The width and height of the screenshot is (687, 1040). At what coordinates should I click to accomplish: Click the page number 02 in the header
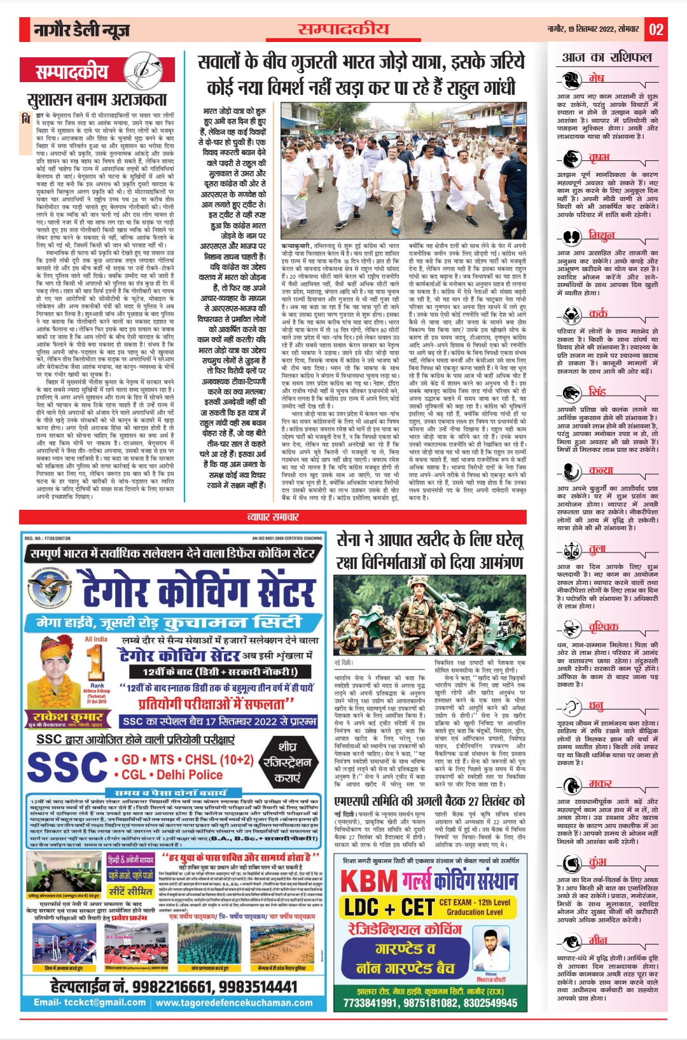coord(656,29)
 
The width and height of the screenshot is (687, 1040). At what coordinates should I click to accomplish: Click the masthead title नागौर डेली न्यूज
coord(83,29)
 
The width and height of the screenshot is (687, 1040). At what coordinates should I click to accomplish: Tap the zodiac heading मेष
coord(596,78)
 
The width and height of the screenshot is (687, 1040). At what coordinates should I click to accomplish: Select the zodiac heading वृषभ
coord(599,157)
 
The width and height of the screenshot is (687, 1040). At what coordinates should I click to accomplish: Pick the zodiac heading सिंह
coord(597,391)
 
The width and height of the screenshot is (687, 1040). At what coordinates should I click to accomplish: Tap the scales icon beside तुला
coord(572,549)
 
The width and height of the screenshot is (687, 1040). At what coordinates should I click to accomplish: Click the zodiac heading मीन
coord(598,941)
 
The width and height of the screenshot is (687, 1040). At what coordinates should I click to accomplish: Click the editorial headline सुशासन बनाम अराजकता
coord(97,100)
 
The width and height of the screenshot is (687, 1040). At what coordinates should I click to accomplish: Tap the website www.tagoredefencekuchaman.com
coord(234,1002)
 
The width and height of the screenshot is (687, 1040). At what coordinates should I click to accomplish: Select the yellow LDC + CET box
coord(389,907)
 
